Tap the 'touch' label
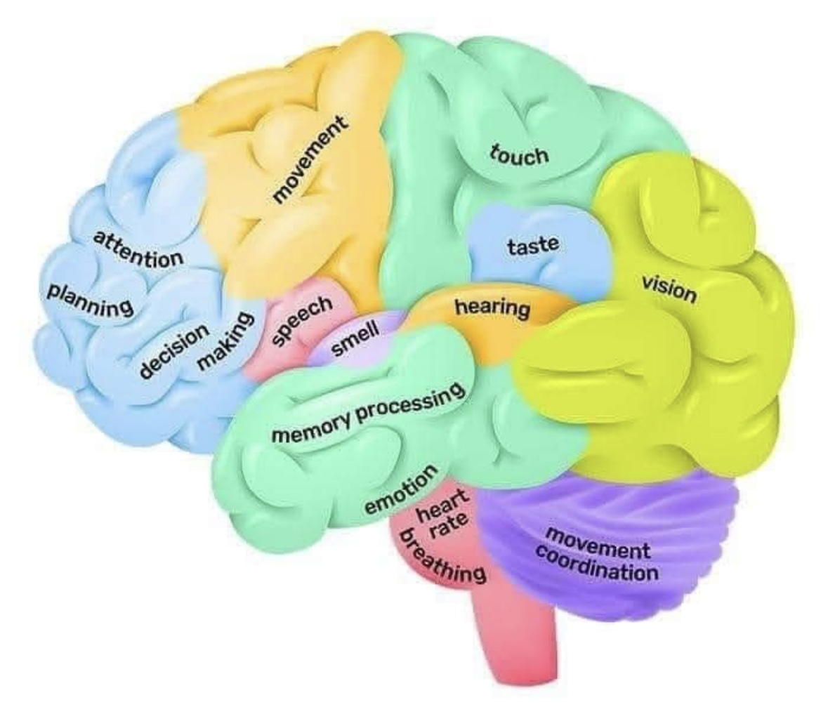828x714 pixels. tap(520, 154)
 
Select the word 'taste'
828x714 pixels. tap(533, 246)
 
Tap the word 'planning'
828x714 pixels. tap(89, 298)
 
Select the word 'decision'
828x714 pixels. tap(173, 351)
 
